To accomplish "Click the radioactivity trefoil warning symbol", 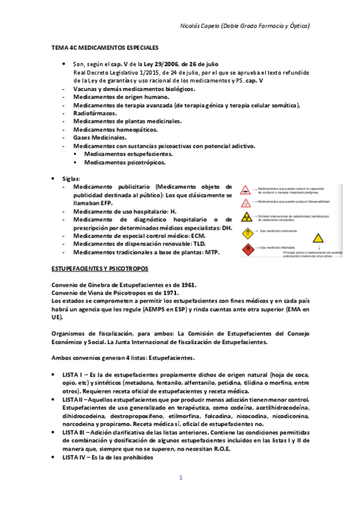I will click(x=247, y=218).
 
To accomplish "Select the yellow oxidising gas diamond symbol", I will click(x=247, y=233).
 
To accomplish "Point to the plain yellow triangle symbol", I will click(x=318, y=239).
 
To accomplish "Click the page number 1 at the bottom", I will click(x=180, y=478).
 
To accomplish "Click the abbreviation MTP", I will click(x=210, y=252).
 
